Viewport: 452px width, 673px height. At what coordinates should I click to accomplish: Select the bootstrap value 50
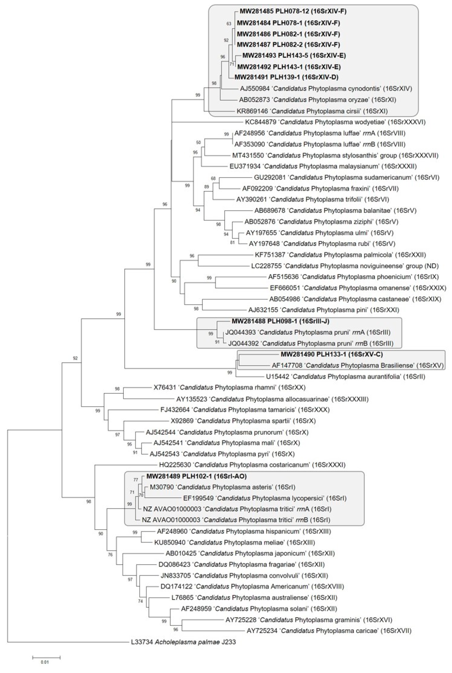(198, 142)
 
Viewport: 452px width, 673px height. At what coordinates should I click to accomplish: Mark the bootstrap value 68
(213, 178)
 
